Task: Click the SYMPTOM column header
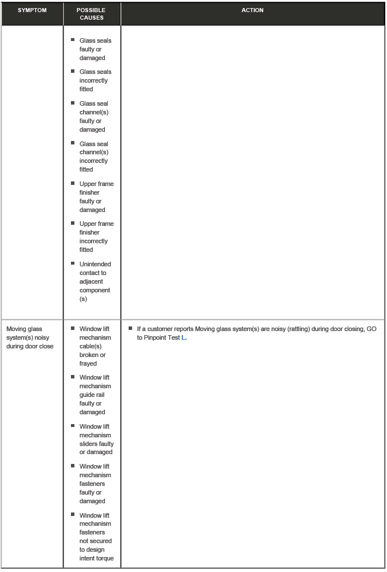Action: [x=32, y=10]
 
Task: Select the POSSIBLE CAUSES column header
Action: [x=91, y=14]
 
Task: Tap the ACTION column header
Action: [x=253, y=10]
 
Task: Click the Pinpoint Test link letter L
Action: [x=184, y=338]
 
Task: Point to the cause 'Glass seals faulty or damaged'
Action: [x=95, y=49]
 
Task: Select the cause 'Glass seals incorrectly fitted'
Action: [x=95, y=80]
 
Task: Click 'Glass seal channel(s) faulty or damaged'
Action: [x=93, y=117]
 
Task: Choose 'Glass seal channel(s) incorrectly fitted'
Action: [x=93, y=157]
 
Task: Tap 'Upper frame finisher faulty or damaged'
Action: [x=96, y=197]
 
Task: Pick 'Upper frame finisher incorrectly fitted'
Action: [x=96, y=237]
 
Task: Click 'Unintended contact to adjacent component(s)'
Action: [x=95, y=281]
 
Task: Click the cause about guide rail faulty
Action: [x=95, y=395]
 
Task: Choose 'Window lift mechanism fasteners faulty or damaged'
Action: [x=95, y=484]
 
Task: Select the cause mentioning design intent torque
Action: [x=96, y=537]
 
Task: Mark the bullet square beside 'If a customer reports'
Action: [x=130, y=328]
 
